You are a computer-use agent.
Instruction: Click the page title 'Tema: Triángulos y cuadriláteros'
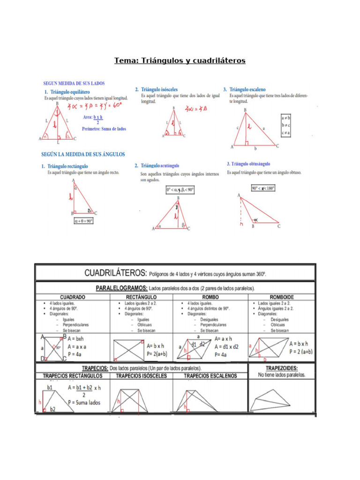click(180, 61)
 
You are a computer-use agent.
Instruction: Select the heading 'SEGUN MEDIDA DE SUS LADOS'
click(75, 83)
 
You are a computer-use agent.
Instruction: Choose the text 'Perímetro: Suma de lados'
click(104, 129)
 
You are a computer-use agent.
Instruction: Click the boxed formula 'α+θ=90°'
click(83, 220)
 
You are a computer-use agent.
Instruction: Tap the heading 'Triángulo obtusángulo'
click(248, 164)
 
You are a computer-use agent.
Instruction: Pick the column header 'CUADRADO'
click(72, 297)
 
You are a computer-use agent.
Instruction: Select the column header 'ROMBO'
click(210, 297)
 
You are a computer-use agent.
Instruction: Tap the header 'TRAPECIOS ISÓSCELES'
click(141, 375)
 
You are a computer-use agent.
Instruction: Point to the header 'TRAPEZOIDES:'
click(281, 368)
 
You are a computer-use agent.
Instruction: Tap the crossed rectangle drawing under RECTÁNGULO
click(127, 349)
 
